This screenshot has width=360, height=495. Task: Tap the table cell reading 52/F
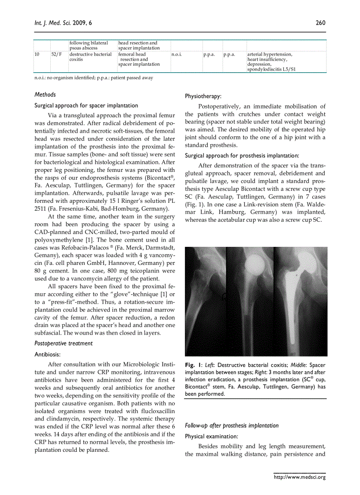(56, 55)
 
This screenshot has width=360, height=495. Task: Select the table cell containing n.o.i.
(176, 55)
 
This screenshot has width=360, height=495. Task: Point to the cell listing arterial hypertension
(270, 62)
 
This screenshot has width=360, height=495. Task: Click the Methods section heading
(45, 94)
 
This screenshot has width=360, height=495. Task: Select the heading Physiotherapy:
(203, 96)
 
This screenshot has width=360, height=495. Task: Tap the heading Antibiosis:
(48, 354)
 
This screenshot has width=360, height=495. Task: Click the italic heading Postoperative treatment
(64, 343)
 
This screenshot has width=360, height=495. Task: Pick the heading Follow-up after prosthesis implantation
(232, 425)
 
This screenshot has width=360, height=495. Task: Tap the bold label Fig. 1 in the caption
(193, 365)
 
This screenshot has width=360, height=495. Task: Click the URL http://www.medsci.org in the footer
(300, 477)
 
